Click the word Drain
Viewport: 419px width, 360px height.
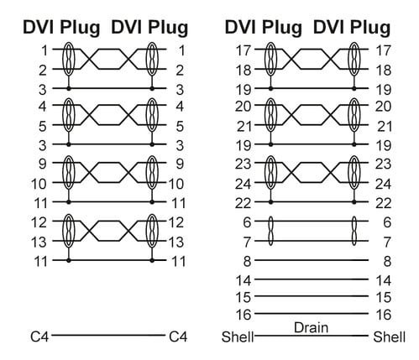311,327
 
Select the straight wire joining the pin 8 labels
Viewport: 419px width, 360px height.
312,260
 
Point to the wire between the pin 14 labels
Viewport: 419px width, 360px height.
312,279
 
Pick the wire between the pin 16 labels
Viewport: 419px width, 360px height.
312,313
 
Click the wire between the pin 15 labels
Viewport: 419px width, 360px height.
312,296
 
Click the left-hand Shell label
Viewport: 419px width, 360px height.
238,337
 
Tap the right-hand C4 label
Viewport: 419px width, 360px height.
178,337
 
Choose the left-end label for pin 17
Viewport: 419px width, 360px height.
244,50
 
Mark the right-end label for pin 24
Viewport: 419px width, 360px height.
383,184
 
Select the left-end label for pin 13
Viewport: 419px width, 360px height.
39,242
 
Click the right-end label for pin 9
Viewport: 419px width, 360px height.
180,164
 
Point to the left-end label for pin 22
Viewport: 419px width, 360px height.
243,203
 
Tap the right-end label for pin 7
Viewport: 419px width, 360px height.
387,242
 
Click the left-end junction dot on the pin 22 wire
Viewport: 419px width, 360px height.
270,201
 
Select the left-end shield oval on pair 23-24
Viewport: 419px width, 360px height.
270,172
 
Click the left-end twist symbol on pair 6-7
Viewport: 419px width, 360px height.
270,231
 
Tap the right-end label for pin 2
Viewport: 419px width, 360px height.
180,70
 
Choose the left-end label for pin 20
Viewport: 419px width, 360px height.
243,107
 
